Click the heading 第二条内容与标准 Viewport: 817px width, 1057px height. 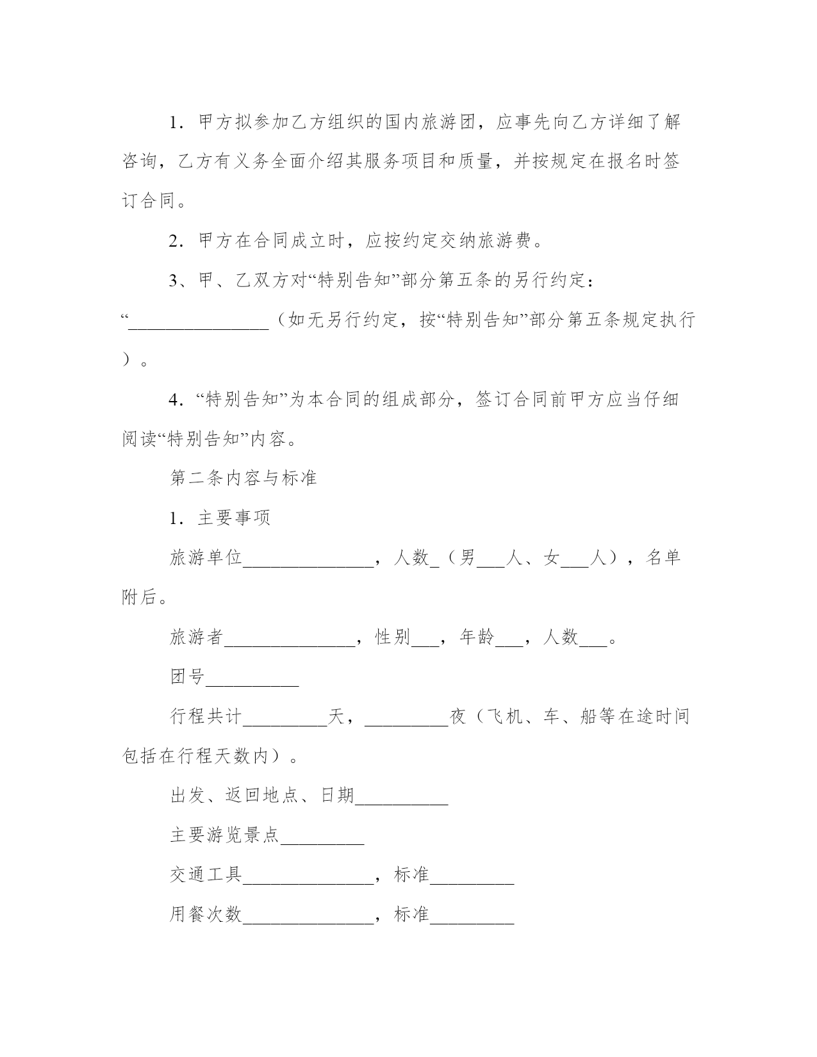click(x=243, y=478)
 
